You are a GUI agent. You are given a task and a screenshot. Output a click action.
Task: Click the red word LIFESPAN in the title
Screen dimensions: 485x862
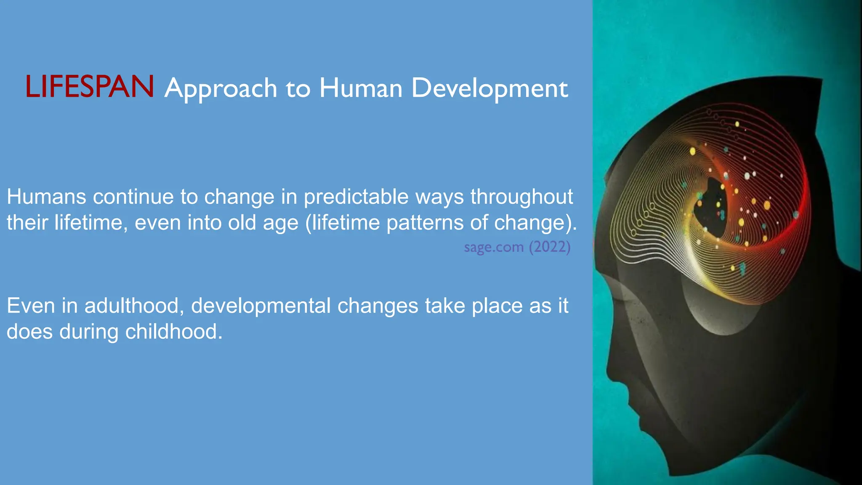pos(90,87)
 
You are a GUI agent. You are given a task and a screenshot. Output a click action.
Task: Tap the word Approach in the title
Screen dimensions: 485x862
pos(221,89)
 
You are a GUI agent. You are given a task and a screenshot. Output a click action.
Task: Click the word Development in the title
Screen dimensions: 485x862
pos(489,89)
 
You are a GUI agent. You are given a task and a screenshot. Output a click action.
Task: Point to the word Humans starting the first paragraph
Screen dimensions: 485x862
pos(46,197)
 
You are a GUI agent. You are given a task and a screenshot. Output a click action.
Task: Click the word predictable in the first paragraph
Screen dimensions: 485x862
pos(356,197)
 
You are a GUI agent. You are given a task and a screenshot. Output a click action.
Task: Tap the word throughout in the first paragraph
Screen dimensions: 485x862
pos(521,197)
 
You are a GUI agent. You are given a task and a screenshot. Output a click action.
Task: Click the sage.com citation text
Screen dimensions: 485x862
pos(494,247)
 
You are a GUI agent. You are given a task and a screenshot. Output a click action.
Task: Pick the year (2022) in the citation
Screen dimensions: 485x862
pos(549,247)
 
